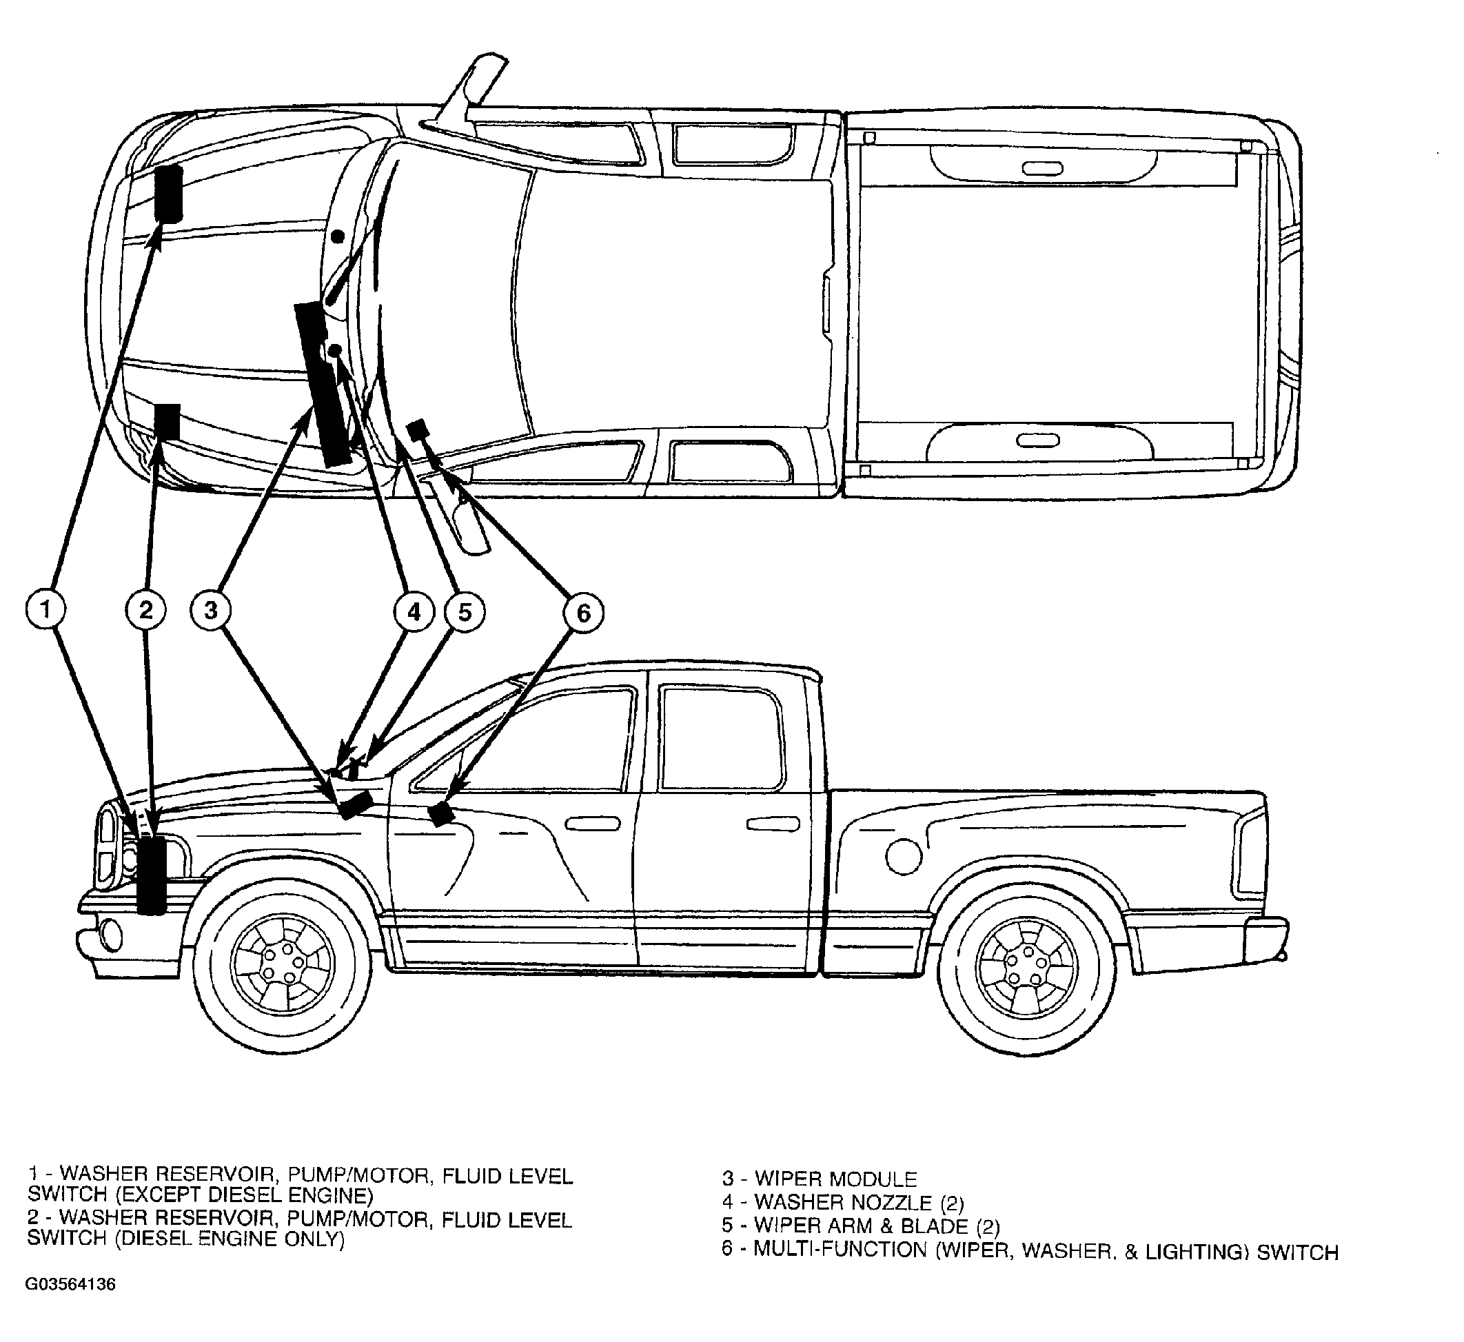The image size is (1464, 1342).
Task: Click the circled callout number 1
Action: (x=45, y=610)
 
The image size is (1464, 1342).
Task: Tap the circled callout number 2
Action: (x=146, y=610)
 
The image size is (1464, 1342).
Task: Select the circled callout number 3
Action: (x=211, y=610)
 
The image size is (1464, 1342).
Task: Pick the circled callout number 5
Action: (x=464, y=611)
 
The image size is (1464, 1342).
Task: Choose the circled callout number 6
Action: (x=583, y=613)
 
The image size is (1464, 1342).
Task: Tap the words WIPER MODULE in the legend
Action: (x=835, y=1178)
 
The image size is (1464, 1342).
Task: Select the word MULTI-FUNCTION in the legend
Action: (x=841, y=1250)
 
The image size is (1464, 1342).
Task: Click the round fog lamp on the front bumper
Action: (x=110, y=934)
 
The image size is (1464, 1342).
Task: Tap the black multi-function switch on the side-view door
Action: (x=442, y=815)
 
